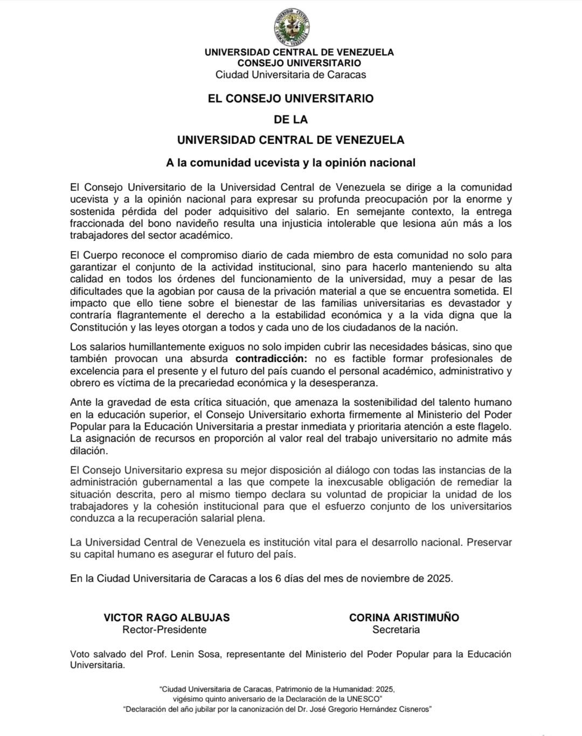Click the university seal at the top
[291, 27]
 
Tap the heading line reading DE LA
[291, 119]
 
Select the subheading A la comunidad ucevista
[291, 162]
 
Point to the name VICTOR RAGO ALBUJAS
[167, 617]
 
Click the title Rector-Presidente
[164, 629]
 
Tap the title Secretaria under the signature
[396, 629]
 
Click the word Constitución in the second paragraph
[99, 327]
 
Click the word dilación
[89, 450]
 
